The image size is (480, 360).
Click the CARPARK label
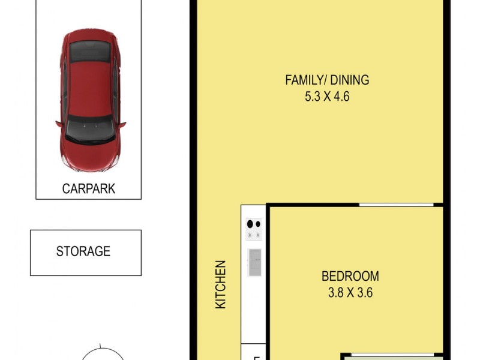pos(89,189)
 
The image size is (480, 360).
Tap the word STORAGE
pos(83,251)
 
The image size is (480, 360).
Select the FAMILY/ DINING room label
pos(327,80)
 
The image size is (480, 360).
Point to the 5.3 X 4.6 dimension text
pos(327,96)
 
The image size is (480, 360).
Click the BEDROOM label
pos(350,277)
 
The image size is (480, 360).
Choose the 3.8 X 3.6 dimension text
pos(350,293)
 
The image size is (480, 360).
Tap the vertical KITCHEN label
pos(221,284)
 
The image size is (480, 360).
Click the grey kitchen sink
pos(255,262)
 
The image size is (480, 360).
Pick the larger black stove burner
pos(251,224)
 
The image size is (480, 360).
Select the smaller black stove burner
pos(259,224)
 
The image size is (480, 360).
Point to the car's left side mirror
pos(59,124)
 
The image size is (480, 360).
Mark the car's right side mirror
pos(122,125)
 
